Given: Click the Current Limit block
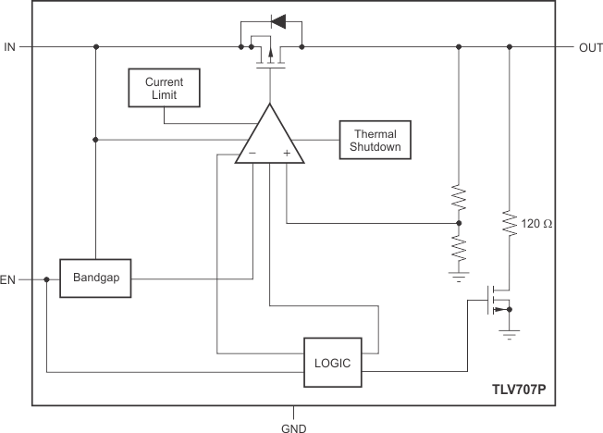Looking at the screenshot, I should coord(164,89).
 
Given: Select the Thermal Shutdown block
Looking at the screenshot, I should coord(375,139).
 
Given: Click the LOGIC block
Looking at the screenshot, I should coord(331,363).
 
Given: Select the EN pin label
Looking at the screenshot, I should coord(9,278).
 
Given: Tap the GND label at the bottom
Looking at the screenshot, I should coord(294,427).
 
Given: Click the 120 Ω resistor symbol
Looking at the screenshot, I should coord(509,224).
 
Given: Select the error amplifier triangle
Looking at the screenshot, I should coord(269,139).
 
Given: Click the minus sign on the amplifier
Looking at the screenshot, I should coord(252,153).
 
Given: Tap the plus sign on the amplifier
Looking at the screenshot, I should coord(287,153).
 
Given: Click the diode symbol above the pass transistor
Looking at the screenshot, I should coord(276,20).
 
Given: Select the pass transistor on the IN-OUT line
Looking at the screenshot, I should coord(269,54).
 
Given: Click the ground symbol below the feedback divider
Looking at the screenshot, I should coord(460,275).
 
